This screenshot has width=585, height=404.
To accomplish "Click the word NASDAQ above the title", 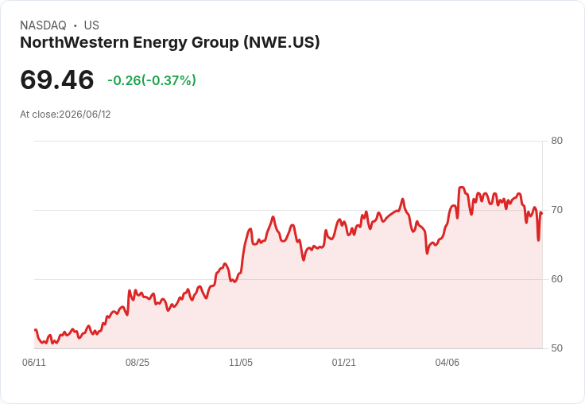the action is [x=43, y=25].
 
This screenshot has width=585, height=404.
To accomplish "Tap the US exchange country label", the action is [x=91, y=25].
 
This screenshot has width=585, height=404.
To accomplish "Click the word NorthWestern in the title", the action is [x=75, y=42].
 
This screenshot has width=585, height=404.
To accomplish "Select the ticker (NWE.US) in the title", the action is [x=281, y=43].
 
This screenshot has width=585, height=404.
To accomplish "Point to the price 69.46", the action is [x=57, y=80].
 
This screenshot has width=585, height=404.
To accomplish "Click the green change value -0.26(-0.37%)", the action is [x=152, y=80].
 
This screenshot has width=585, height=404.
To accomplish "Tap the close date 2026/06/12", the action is [x=85, y=115].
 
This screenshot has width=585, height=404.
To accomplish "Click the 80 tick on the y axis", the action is [x=556, y=141].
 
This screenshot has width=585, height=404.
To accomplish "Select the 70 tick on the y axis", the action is [x=556, y=210].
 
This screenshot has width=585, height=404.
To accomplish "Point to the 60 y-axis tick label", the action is [x=556, y=279].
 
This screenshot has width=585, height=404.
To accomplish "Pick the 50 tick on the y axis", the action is [x=556, y=348].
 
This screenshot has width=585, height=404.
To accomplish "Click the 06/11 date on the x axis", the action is [x=34, y=363].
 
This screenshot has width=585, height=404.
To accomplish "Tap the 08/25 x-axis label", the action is [x=138, y=363].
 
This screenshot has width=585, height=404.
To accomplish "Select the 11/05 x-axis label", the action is [x=241, y=363].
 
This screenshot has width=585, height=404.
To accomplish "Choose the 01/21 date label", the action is [x=344, y=363].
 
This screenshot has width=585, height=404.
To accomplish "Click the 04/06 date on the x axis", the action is [x=447, y=363].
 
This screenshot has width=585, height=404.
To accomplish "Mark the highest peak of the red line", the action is [x=462, y=188].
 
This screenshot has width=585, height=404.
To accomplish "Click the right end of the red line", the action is [x=542, y=213].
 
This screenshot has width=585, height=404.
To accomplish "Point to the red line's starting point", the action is [x=35, y=330].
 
